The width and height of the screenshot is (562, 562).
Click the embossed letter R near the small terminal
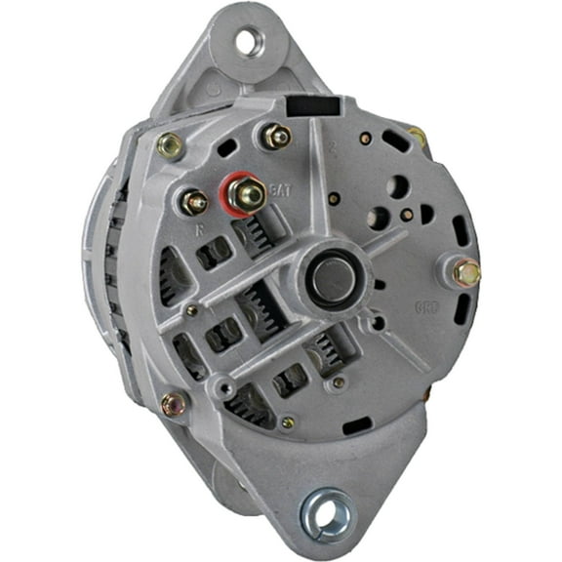point(199,232)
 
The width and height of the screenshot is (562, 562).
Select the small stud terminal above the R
point(193,202)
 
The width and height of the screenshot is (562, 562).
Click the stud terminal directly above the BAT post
point(276,136)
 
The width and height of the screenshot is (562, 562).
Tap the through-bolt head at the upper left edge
point(169,145)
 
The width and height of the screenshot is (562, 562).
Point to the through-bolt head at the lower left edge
point(175,402)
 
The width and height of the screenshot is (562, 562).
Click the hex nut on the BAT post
point(248,194)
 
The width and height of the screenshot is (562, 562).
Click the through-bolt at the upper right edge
point(418,138)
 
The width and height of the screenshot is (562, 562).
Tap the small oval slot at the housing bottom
point(357,426)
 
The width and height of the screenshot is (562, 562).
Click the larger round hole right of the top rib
point(399,184)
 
